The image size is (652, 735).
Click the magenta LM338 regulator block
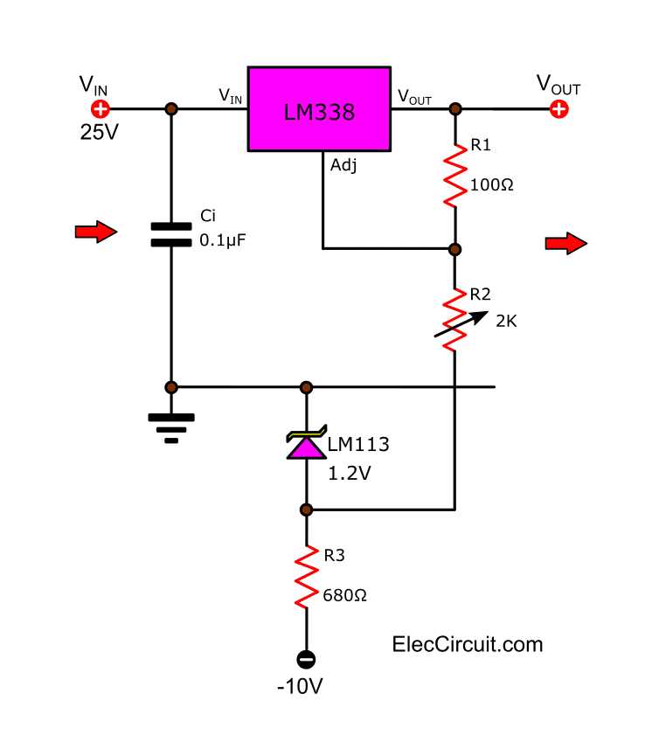click(318, 110)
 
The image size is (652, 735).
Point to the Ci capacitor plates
click(171, 233)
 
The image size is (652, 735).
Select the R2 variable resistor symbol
click(454, 320)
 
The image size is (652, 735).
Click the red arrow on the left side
click(95, 232)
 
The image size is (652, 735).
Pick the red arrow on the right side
click(565, 243)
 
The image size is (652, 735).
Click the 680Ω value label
click(344, 595)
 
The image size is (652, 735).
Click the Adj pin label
click(343, 164)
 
